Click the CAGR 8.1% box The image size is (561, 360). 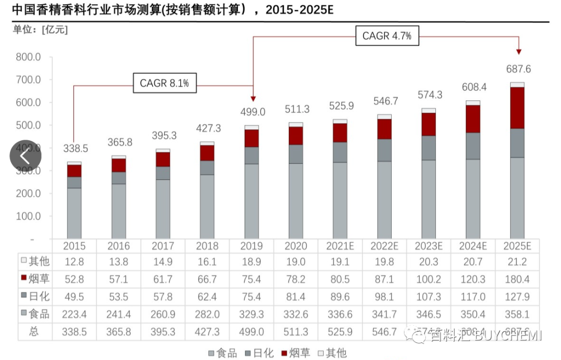click(165, 83)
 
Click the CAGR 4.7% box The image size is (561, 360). click(387, 36)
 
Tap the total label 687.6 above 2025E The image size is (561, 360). click(518, 69)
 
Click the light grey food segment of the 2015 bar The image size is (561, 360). click(74, 213)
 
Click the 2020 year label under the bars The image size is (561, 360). click(296, 246)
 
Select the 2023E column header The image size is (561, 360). click(429, 246)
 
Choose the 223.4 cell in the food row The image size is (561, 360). click(76, 314)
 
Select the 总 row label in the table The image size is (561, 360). click(34, 331)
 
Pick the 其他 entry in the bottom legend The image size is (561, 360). click(332, 353)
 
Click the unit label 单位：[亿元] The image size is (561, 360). click(41, 30)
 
